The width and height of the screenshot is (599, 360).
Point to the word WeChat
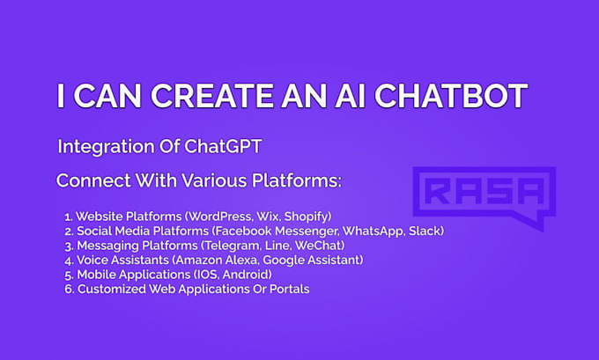[x=317, y=245]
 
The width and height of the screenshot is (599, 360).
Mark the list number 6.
[x=68, y=288]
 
